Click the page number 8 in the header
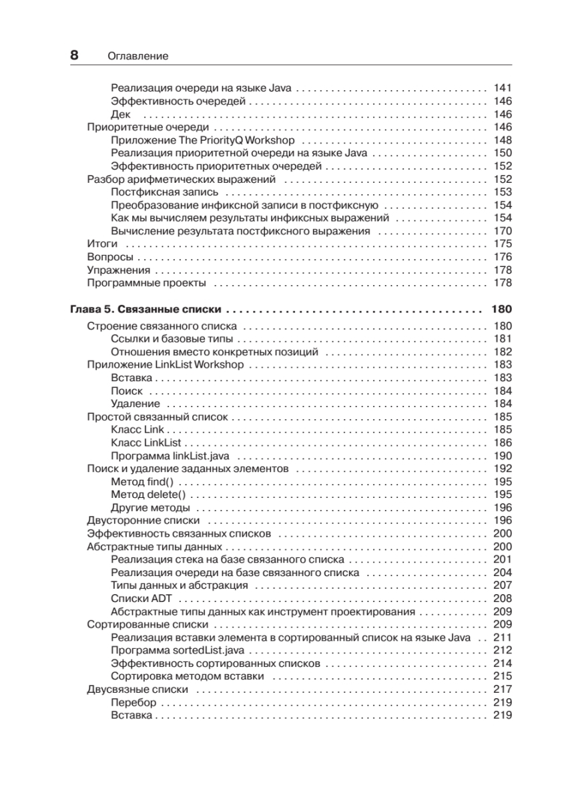pos(74,56)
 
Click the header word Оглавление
pos(137,57)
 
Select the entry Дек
pos(121,114)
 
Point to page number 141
pos(502,88)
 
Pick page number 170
pos(502,231)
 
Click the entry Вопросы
pos(111,257)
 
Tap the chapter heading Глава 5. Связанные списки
pos(146,310)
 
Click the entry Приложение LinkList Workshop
pos(166,365)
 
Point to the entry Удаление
pos(135,404)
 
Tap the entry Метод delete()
pos(148,495)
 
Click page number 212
pos(502,651)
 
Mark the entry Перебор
pos(133,703)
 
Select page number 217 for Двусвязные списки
pos(502,690)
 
